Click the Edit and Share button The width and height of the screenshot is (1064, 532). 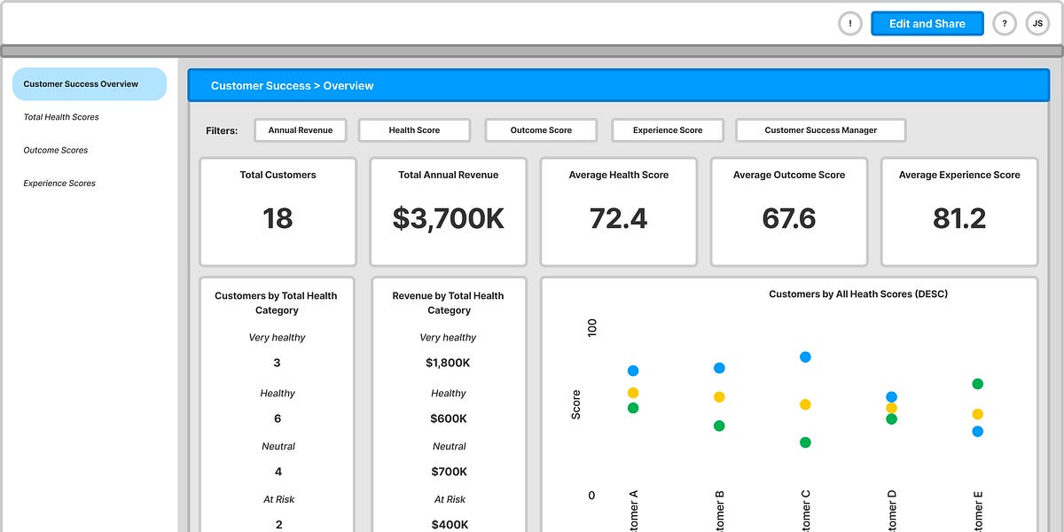(927, 24)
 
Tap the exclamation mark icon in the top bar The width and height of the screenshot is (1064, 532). (850, 24)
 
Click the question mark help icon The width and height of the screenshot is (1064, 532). (1005, 24)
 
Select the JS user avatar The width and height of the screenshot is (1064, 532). (1037, 24)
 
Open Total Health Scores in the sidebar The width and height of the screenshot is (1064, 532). (61, 117)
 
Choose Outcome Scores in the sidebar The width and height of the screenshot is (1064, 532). (56, 151)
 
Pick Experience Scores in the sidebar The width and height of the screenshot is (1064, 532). (59, 184)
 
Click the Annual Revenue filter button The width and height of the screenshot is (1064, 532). (301, 130)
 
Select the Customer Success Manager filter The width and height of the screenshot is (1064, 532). (820, 130)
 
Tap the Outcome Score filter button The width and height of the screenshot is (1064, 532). (541, 130)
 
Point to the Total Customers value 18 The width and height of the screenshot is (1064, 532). (278, 219)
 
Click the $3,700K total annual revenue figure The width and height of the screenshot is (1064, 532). (448, 219)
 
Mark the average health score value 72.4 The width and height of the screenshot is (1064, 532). (618, 219)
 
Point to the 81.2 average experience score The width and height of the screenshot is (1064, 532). (958, 219)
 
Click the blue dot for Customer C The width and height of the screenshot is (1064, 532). (805, 356)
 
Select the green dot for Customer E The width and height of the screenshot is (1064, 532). (977, 384)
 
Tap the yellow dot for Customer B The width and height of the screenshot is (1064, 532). (719, 397)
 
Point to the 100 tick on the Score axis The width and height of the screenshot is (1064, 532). (592, 328)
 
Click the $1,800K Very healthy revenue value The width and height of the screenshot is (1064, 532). (448, 363)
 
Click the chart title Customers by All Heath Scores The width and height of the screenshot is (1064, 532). (857, 294)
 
